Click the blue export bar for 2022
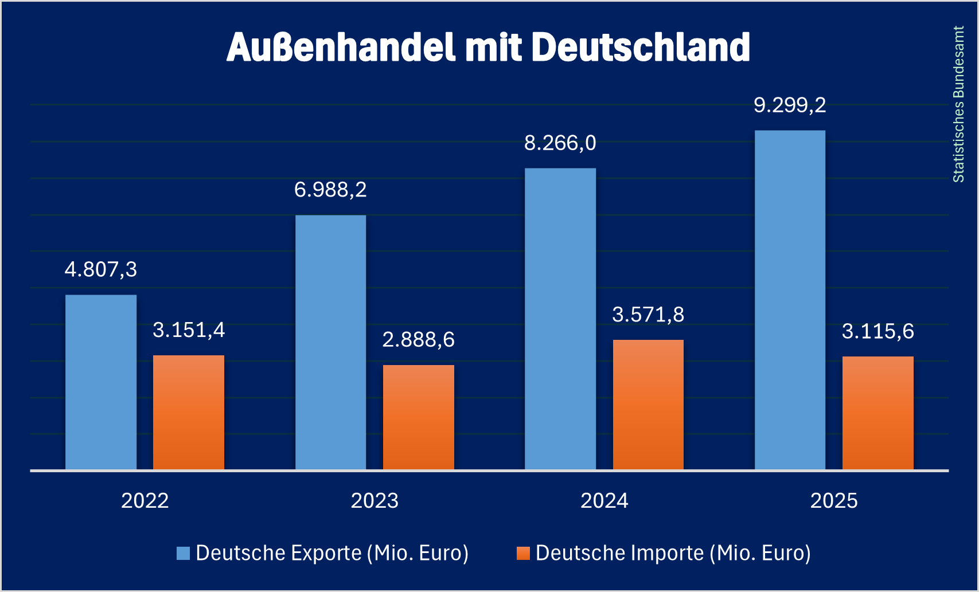click(x=101, y=382)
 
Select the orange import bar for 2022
click(x=189, y=413)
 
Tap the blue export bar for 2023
click(x=331, y=343)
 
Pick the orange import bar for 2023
click(x=419, y=417)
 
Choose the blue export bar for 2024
click(x=560, y=319)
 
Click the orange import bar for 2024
click(x=648, y=405)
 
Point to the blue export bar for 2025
click(x=790, y=300)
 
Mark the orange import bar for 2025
click(x=878, y=413)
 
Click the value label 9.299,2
click(x=790, y=105)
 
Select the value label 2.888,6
click(x=419, y=340)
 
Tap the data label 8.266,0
click(x=560, y=143)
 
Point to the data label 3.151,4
click(x=189, y=330)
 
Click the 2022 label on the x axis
click(x=145, y=501)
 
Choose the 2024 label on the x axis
click(x=604, y=501)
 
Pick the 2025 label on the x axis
click(x=834, y=501)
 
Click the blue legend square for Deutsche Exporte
click(x=183, y=553)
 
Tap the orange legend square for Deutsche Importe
click(x=523, y=553)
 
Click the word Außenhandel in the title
click(x=342, y=47)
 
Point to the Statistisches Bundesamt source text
click(x=958, y=104)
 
